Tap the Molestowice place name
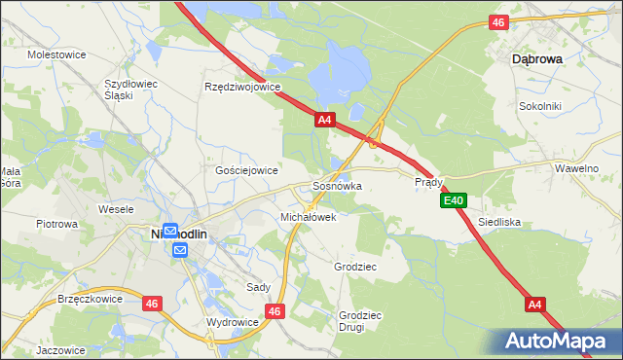(x=57, y=54)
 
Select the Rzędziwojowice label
(x=242, y=87)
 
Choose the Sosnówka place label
(x=338, y=185)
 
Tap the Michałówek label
(x=308, y=217)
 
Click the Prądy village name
(x=429, y=182)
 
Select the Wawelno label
(x=576, y=168)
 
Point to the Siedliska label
(x=499, y=222)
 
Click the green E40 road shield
(x=454, y=200)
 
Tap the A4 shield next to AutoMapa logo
(x=533, y=305)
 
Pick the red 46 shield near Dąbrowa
(x=498, y=22)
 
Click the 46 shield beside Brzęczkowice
(x=151, y=304)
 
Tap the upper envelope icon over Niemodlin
(x=169, y=232)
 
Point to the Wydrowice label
(x=233, y=321)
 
